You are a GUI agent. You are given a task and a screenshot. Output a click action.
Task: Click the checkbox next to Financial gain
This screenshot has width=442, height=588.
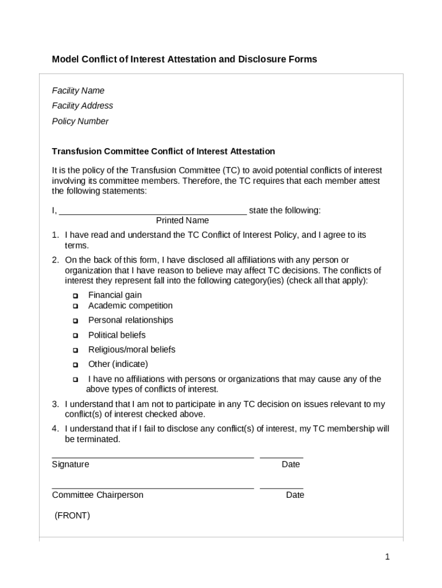[x=75, y=296]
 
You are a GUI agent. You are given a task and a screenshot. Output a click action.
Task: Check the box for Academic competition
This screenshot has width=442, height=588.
[x=75, y=306]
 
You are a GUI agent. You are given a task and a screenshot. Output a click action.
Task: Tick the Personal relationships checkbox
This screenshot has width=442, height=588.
[x=75, y=320]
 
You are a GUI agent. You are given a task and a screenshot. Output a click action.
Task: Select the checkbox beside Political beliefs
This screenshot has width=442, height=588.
[x=75, y=335]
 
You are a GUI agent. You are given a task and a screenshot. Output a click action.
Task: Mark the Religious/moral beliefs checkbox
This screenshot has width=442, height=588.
[x=75, y=350]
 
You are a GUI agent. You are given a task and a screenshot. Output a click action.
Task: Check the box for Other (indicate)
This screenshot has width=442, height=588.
[x=75, y=365]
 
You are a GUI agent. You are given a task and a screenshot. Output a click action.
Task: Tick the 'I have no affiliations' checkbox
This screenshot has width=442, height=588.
[x=75, y=380]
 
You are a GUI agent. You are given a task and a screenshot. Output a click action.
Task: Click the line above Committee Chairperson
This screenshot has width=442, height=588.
[x=153, y=488]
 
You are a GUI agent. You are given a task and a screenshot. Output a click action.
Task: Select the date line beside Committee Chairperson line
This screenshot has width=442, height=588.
[x=281, y=488]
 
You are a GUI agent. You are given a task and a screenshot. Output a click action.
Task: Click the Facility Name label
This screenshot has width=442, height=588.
[x=78, y=91]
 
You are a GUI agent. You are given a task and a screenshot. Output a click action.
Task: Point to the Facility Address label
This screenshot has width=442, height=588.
[x=82, y=106]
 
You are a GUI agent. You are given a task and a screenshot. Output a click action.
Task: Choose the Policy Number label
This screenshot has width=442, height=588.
[x=80, y=121]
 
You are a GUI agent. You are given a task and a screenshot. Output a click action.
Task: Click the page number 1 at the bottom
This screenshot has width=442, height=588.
[x=387, y=556]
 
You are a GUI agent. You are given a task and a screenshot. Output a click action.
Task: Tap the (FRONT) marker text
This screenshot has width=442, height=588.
[x=72, y=516]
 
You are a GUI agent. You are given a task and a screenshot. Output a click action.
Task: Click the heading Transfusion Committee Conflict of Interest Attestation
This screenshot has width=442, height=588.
[x=164, y=152]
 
